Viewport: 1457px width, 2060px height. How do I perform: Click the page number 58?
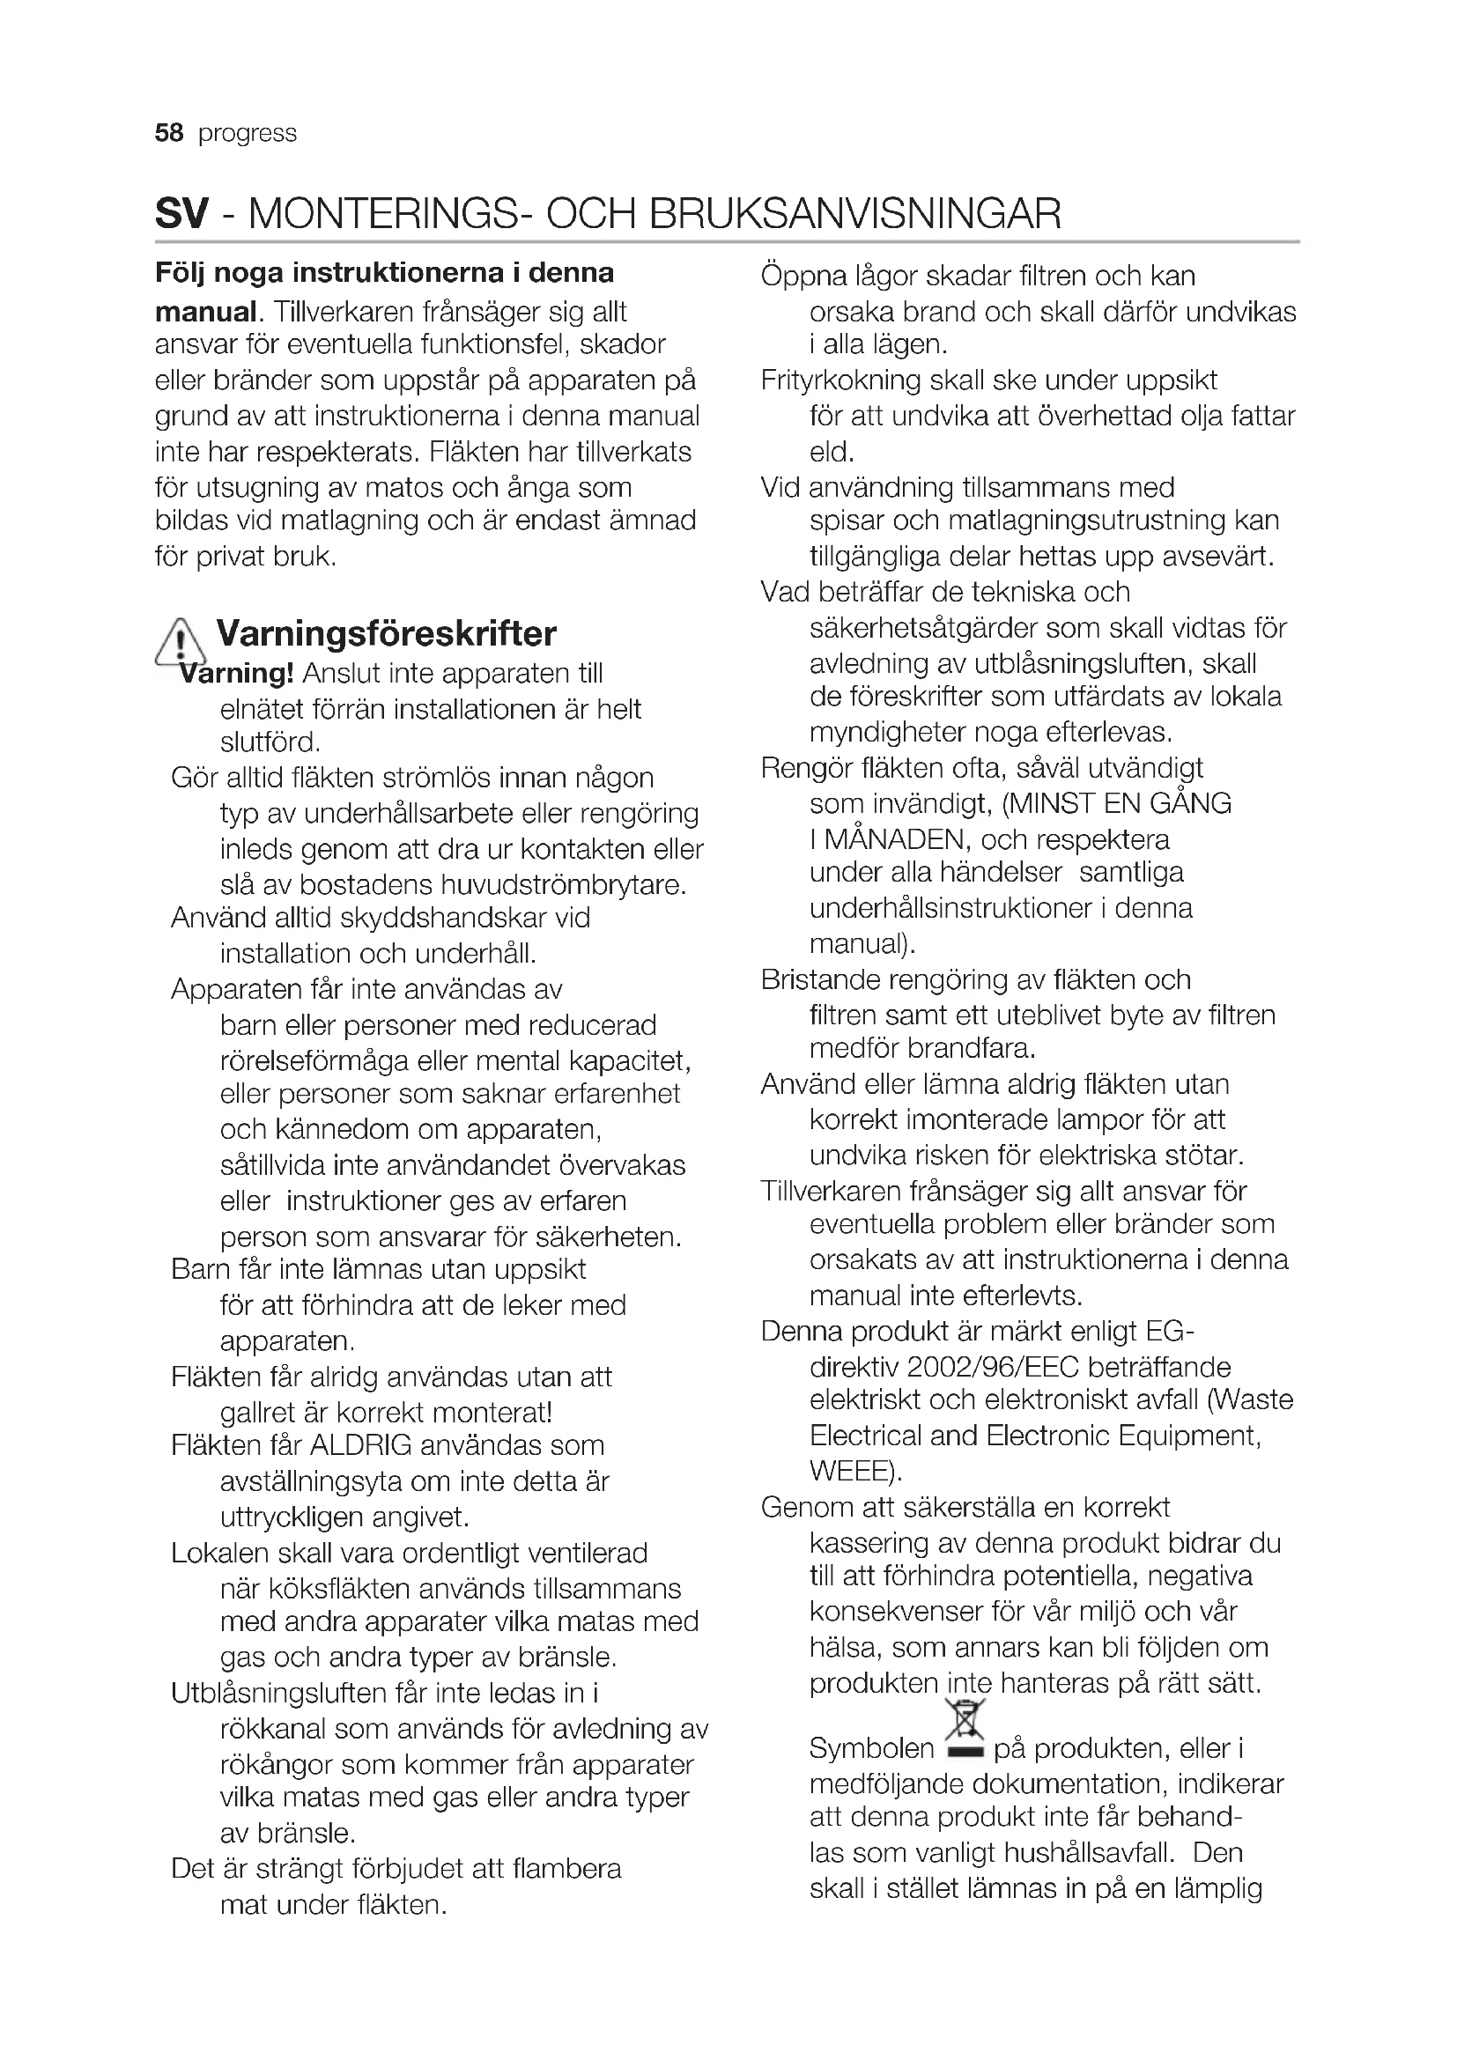click(168, 134)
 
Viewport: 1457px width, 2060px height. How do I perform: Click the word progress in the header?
click(247, 134)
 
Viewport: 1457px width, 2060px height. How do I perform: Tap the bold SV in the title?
click(181, 213)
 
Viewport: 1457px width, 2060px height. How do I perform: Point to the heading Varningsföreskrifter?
click(386, 633)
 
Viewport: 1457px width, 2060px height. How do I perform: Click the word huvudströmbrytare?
click(564, 884)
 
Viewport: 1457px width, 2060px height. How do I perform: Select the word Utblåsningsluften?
click(279, 1693)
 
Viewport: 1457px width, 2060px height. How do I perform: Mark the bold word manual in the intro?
click(206, 313)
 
